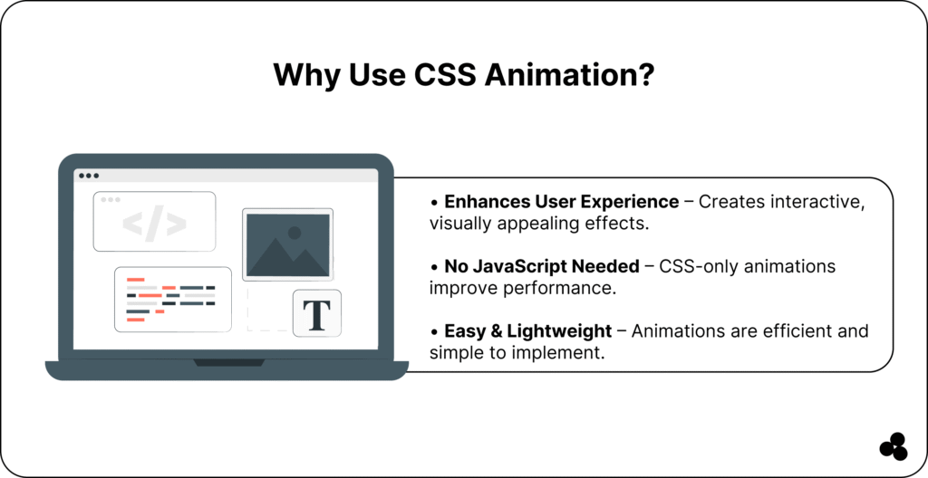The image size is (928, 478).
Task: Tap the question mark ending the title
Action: pyautogui.click(x=645, y=74)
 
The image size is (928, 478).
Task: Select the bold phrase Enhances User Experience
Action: pyautogui.click(x=561, y=202)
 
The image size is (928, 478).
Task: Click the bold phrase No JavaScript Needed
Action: pyautogui.click(x=542, y=266)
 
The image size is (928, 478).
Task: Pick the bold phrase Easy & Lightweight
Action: pyautogui.click(x=528, y=330)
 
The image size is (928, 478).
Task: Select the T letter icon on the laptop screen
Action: pyautogui.click(x=316, y=313)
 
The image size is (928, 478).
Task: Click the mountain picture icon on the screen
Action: pyautogui.click(x=287, y=244)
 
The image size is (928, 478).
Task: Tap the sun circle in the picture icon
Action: pyautogui.click(x=295, y=233)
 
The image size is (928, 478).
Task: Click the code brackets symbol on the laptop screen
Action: pyautogui.click(x=154, y=224)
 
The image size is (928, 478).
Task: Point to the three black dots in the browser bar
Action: pyautogui.click(x=89, y=176)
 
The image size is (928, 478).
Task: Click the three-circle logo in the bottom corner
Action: pyautogui.click(x=894, y=446)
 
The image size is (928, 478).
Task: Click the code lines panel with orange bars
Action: pyautogui.click(x=173, y=300)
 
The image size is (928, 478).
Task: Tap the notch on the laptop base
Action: pyautogui.click(x=229, y=363)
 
